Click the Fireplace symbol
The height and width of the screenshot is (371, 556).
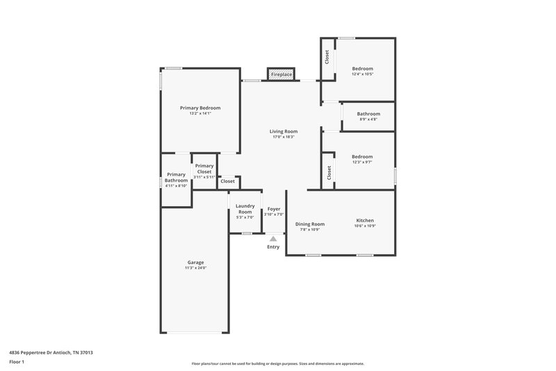click(x=281, y=74)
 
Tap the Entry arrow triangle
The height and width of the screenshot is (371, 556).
click(x=273, y=238)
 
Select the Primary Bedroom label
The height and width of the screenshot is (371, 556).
click(x=200, y=108)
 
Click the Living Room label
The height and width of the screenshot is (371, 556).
click(x=284, y=132)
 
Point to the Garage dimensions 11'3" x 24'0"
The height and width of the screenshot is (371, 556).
click(x=195, y=268)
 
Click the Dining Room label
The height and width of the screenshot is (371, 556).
click(x=310, y=224)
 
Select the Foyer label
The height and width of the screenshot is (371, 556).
click(x=274, y=209)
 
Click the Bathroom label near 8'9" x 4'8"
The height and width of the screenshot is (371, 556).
click(x=368, y=113)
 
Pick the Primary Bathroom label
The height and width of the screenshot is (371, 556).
click(x=176, y=177)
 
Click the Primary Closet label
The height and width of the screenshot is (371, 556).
click(x=204, y=168)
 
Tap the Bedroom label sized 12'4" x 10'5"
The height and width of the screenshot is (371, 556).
click(x=363, y=68)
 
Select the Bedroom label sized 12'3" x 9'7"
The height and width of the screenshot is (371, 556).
click(x=362, y=157)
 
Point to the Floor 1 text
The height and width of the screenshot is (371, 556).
click(x=17, y=363)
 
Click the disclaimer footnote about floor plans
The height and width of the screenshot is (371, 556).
click(x=277, y=363)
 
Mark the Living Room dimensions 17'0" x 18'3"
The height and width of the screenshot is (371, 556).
click(x=284, y=137)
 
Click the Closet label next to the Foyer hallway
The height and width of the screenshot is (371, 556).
click(x=228, y=181)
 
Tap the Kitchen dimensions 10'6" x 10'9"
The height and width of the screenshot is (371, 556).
click(x=366, y=226)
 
